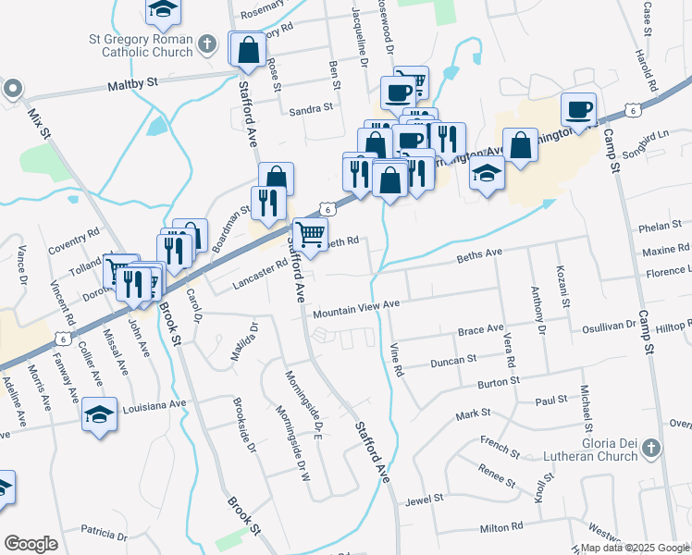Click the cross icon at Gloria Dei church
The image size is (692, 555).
(651, 449)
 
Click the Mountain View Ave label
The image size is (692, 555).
(355, 307)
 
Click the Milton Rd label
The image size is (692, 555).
(502, 527)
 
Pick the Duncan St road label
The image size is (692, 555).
(452, 360)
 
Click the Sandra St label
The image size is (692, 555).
(311, 108)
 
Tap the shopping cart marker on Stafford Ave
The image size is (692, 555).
(310, 233)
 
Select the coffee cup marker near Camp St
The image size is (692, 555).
(579, 108)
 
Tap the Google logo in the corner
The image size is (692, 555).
(31, 544)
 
